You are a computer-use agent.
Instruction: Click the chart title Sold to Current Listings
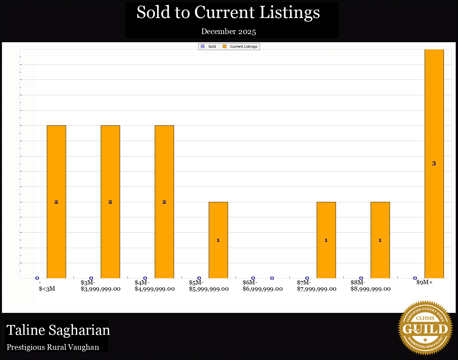point(228,12)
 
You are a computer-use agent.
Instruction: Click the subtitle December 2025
point(228,31)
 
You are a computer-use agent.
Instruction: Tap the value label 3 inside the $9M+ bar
point(434,164)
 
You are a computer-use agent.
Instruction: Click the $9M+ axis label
point(425,282)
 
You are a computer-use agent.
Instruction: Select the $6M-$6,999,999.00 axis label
point(263,286)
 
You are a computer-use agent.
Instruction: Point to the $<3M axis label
point(47,289)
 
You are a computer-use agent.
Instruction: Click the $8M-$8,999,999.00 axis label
point(371,286)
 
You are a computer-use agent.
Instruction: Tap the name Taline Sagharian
point(58,330)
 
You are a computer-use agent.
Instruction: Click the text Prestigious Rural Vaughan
point(53,347)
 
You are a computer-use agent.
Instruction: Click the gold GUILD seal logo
point(425,328)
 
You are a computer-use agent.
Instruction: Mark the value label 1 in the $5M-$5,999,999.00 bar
point(218,240)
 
